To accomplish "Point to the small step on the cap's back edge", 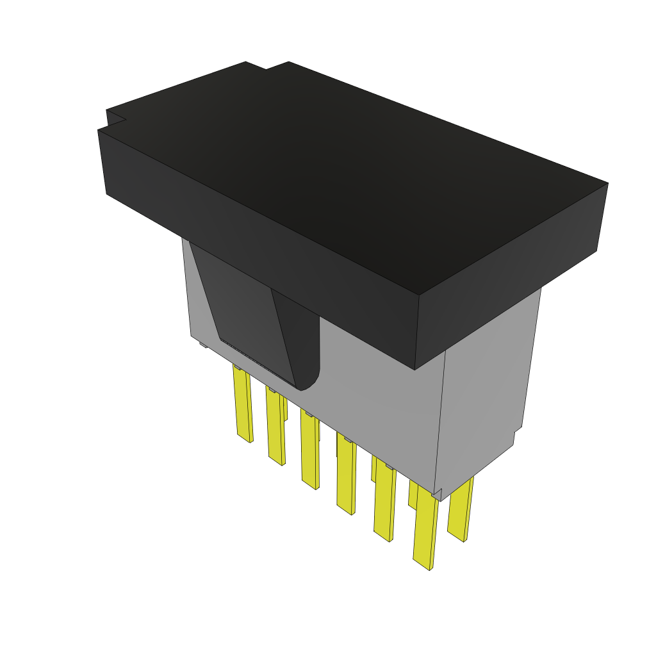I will (x=267, y=65).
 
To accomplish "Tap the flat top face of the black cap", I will (x=359, y=167).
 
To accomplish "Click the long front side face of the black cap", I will (x=256, y=250).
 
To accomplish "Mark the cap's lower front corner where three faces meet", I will (x=415, y=369).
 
